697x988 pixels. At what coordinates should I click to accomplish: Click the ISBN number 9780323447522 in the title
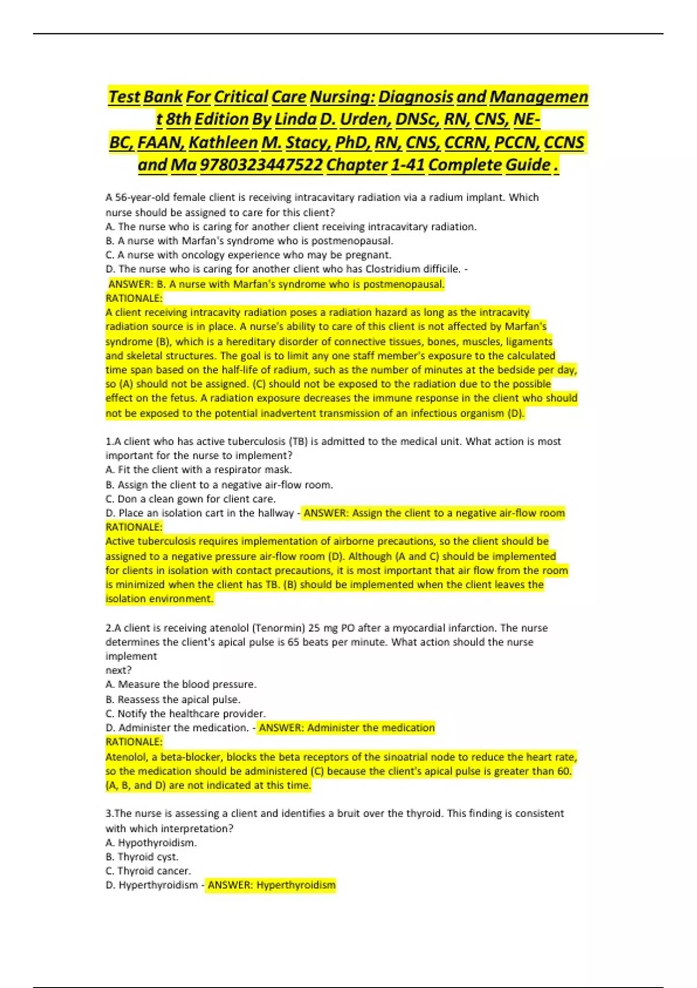261,166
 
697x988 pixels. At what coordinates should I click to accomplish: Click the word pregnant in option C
369,255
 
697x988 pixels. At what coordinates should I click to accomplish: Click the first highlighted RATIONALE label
134,298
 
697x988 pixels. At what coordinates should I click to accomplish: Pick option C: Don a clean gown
191,499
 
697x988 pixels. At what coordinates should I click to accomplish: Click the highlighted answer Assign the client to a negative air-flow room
434,513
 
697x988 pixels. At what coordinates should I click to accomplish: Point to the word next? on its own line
118,670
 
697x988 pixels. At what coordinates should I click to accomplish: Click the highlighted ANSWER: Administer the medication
346,728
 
